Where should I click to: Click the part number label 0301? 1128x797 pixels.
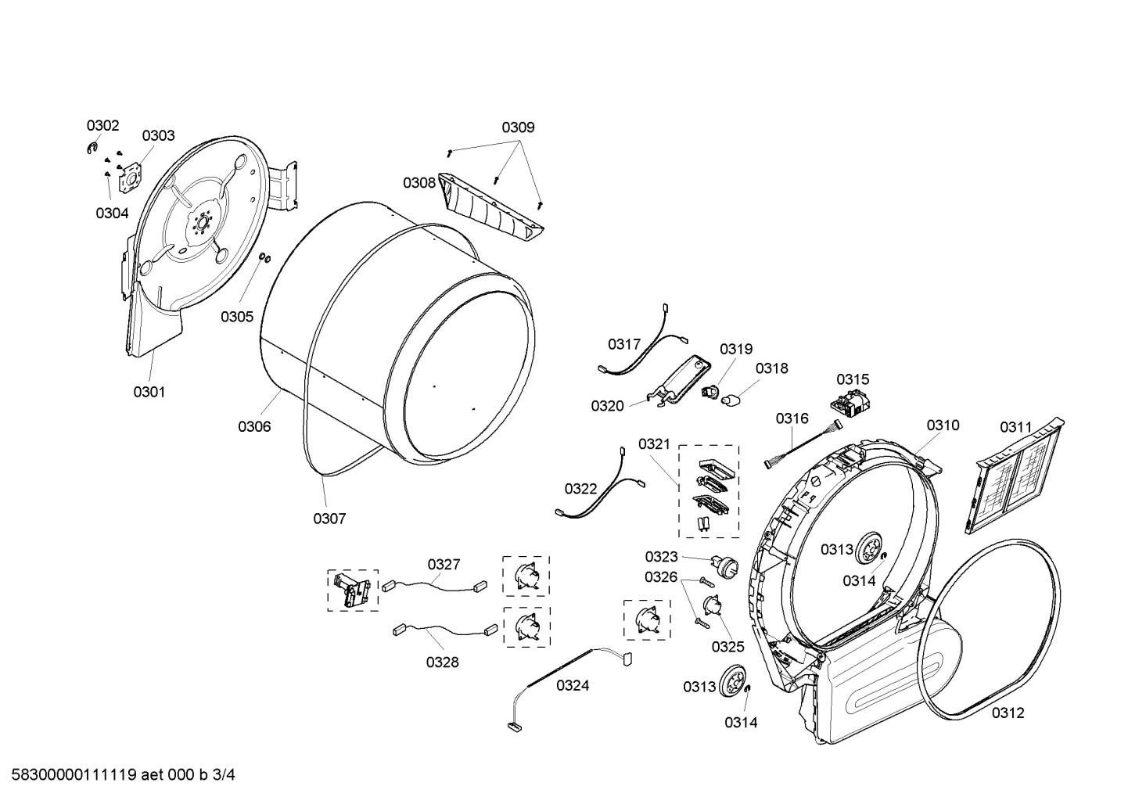149,392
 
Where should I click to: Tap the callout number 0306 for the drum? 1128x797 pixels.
254,426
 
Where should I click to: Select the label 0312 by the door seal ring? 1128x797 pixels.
1008,713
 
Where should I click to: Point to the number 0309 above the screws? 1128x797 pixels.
518,127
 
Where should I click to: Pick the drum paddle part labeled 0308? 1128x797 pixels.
490,207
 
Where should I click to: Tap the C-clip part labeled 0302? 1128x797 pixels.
92,149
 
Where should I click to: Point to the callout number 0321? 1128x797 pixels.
654,444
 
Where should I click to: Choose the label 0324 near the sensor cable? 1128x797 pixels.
573,686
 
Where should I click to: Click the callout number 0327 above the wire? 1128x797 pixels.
444,564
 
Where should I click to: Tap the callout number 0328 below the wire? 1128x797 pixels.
442,662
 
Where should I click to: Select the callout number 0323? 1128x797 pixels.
661,556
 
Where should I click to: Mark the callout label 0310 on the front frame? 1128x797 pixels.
943,425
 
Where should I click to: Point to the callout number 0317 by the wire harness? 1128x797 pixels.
624,344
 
